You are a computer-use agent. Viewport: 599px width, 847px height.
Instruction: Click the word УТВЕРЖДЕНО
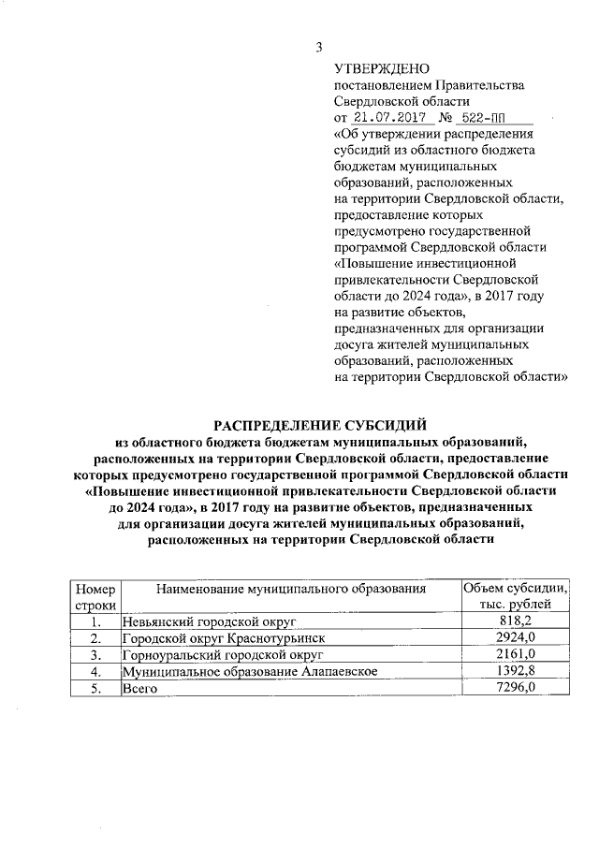point(381,69)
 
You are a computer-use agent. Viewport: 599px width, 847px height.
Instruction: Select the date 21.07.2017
point(387,118)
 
